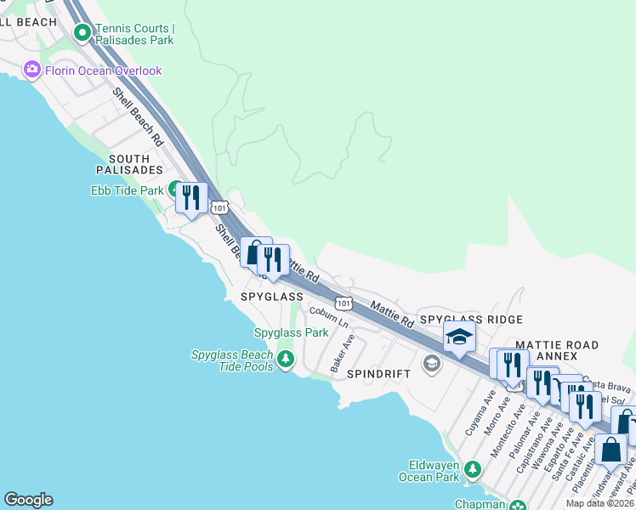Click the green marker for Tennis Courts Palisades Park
pos(82,33)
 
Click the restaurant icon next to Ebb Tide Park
pos(190,197)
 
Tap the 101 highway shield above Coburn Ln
pos(343,303)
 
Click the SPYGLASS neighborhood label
pos(271,297)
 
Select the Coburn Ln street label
pos(329,317)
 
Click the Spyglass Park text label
pos(291,332)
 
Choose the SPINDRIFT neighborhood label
pos(379,374)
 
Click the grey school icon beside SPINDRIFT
pos(431,365)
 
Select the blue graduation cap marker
pos(458,338)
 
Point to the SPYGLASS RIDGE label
pos(471,319)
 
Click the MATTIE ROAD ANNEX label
pos(557,351)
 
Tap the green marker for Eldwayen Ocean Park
pos(474,468)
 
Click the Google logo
pos(28,500)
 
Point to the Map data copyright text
pos(600,503)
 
